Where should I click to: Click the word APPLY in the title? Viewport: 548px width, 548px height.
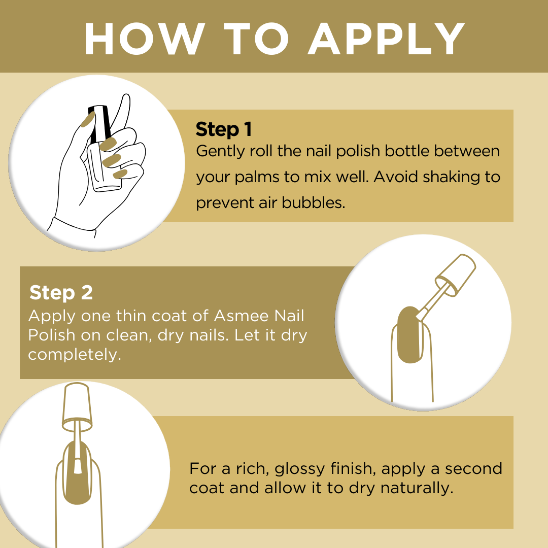coord(386,39)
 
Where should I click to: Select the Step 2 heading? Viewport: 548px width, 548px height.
coord(61,293)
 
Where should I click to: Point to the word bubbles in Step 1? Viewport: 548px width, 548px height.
coord(314,202)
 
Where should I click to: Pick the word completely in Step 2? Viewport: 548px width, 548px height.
coord(75,355)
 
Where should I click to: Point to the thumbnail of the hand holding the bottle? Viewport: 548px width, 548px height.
coord(88,120)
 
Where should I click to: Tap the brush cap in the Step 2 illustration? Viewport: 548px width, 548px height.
coord(455,275)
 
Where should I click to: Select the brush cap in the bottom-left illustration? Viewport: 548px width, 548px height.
coord(77,407)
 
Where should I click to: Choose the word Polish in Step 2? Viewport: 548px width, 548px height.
coord(52,335)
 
